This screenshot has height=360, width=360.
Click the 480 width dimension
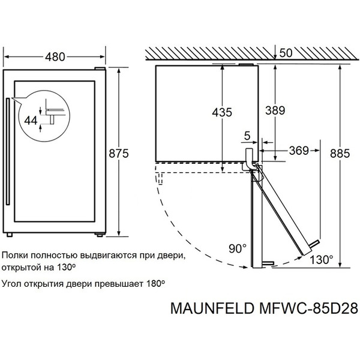(56, 58)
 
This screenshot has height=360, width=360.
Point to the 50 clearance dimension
(286, 53)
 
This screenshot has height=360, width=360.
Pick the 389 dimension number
(274, 110)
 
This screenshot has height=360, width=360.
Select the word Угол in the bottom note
(14, 281)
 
